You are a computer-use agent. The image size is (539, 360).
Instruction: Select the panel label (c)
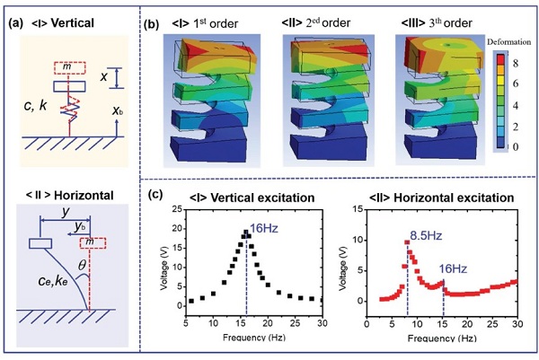[x=158, y=192]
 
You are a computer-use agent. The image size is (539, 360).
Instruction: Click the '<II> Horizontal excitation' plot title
[x=436, y=196]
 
